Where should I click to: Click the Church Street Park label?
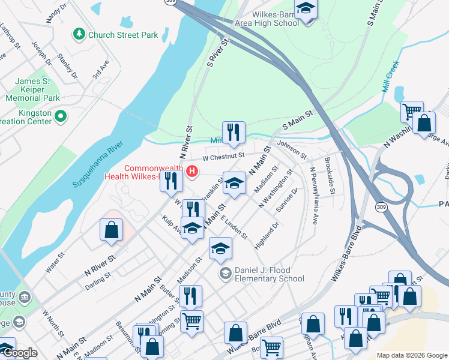[123, 35]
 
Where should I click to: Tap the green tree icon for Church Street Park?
[78, 34]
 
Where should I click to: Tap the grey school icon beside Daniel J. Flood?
[225, 274]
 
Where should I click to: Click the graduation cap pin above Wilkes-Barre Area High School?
[306, 10]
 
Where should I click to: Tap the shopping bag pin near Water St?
[112, 230]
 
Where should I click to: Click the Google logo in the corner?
[20, 353]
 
